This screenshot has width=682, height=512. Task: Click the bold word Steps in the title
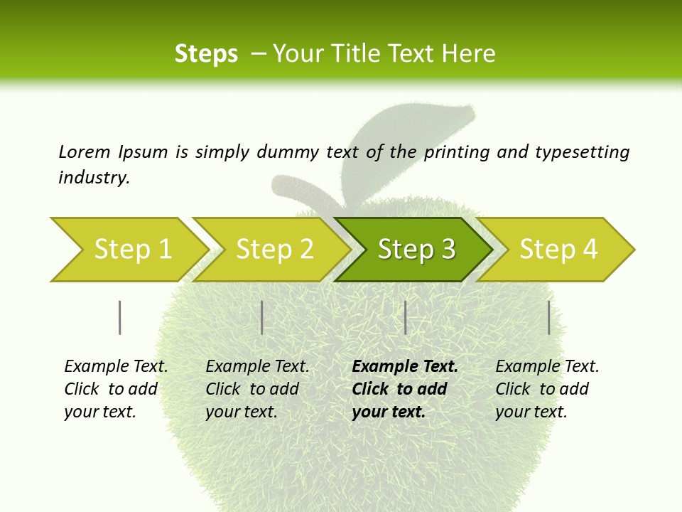click(206, 54)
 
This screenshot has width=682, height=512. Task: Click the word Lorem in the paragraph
click(85, 151)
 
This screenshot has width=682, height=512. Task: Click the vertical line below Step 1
click(119, 317)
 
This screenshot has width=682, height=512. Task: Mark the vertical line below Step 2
click(262, 317)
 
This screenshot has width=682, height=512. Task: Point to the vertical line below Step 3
click(405, 317)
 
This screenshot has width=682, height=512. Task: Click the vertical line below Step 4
click(548, 317)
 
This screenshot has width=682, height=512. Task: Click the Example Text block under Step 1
click(116, 389)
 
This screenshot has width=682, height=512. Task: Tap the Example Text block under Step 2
click(257, 389)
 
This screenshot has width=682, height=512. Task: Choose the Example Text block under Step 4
click(547, 389)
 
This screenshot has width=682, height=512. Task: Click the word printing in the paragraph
click(455, 151)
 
